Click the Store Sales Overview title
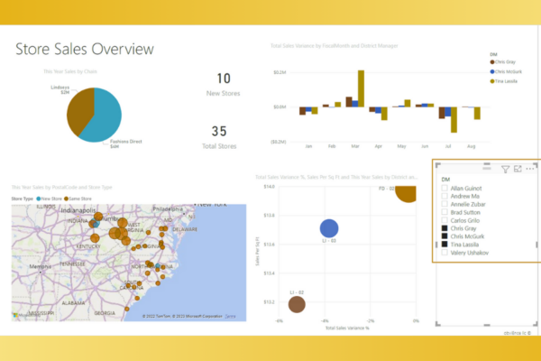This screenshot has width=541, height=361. pos(84,50)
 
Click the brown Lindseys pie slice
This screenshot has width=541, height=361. pos(80,106)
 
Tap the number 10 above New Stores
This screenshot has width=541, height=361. pos(224,79)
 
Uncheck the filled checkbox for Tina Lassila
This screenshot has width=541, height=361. pos(445,245)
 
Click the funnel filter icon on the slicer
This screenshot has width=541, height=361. pos(505,169)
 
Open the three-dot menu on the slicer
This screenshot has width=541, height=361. pos(530,169)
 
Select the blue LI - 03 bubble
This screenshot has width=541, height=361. pos(329,230)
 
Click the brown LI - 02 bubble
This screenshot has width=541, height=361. pos(296,305)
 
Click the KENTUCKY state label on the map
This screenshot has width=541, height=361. pos(87,245)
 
